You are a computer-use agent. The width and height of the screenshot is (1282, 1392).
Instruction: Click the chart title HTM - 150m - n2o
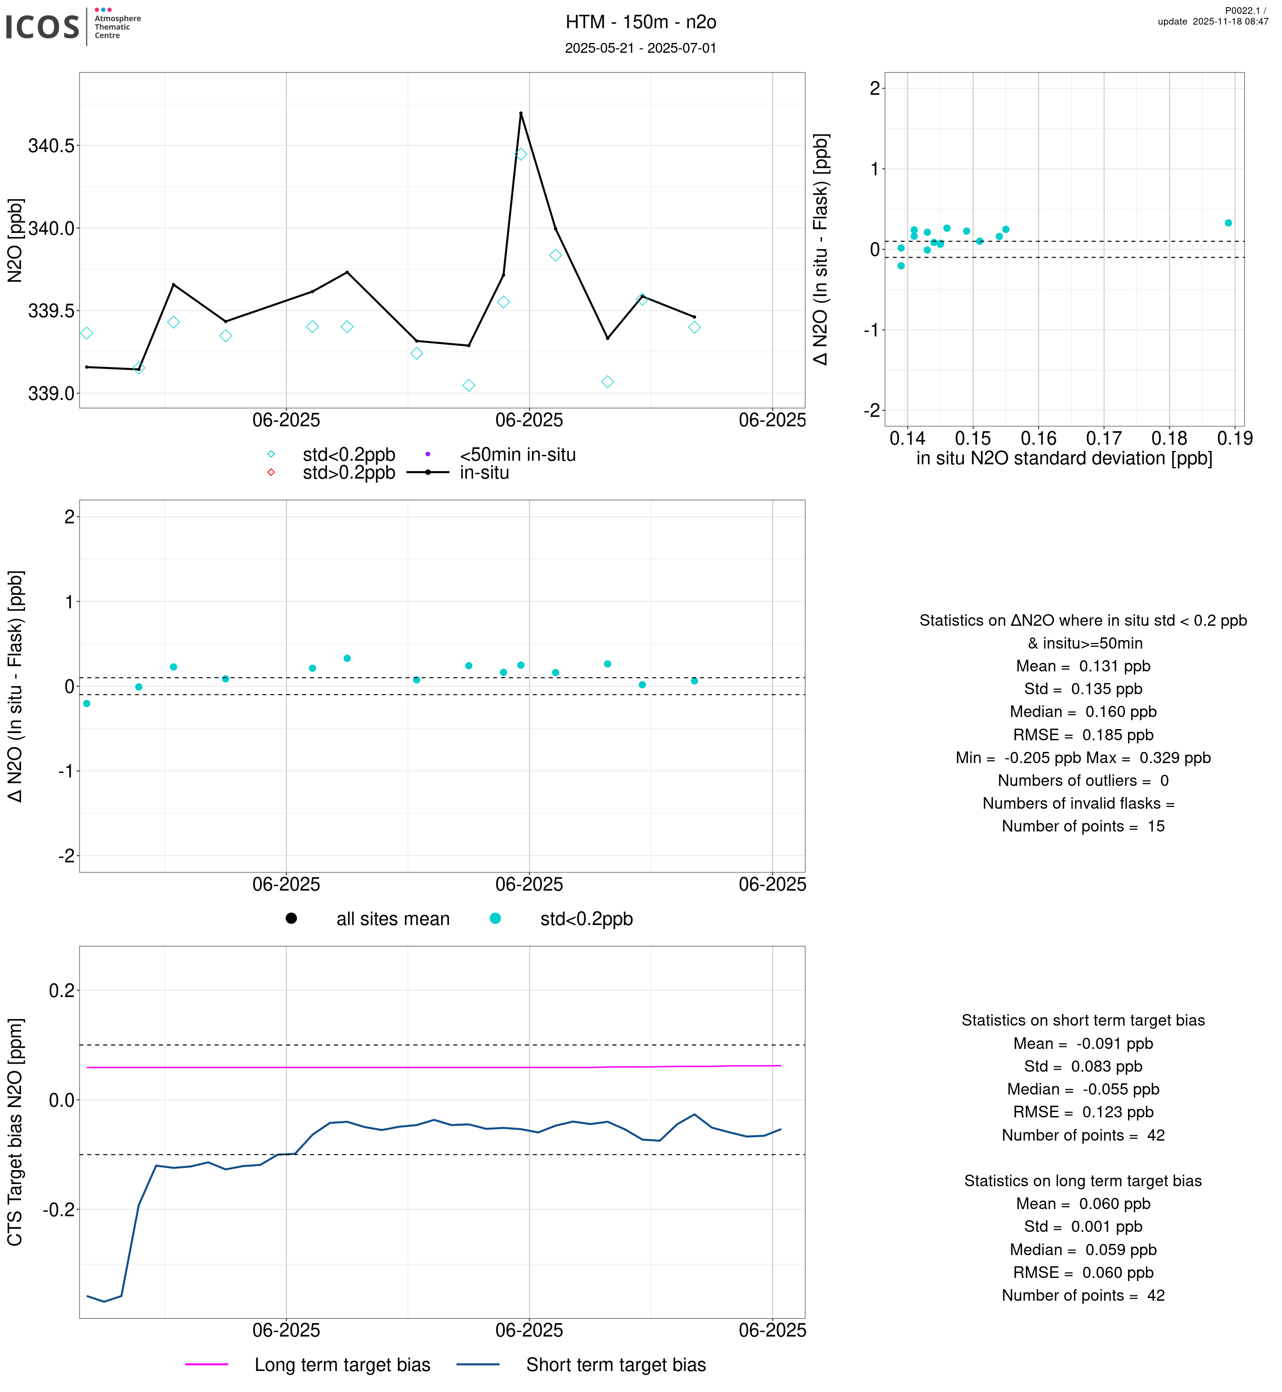640,22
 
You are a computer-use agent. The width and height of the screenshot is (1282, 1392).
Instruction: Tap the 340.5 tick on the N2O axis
51,146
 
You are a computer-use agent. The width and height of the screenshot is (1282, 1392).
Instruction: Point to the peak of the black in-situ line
521,113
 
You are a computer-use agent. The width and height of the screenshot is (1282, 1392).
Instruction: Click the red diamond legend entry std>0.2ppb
271,472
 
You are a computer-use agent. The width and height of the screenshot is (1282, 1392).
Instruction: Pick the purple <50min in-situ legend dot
428,454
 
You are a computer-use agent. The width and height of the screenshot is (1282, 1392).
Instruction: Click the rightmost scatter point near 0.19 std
1229,223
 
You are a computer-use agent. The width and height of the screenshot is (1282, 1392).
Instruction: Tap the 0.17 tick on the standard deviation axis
1104,438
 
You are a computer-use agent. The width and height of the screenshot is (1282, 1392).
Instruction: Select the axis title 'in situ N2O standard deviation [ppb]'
1064,458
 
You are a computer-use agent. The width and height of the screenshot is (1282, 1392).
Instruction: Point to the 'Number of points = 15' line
1083,826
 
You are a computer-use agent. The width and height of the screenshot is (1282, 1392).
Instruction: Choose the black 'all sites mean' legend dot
291,918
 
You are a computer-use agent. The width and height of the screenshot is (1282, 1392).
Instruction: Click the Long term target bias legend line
207,1364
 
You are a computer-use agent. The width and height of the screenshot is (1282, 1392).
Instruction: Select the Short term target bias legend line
478,1364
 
